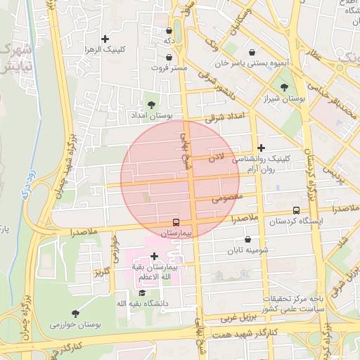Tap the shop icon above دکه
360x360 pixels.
169,31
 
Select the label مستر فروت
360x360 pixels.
169,68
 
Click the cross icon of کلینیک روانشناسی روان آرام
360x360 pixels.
262,148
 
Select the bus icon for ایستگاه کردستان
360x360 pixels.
295,210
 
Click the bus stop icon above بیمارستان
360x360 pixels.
176,222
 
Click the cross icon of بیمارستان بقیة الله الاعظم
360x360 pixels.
155,256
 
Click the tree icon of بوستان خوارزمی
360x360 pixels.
75,313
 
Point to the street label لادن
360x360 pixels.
216,160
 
